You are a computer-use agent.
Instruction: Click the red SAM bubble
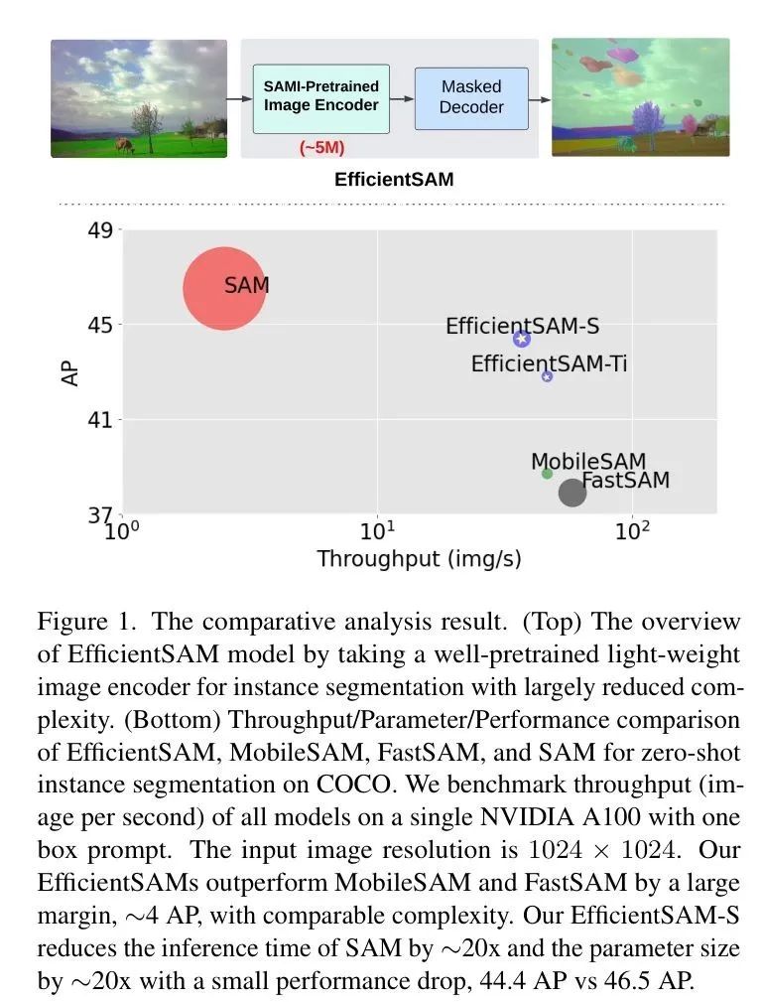click(224, 288)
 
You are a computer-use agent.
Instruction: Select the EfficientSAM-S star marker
click(522, 338)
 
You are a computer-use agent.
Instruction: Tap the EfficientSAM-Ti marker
click(547, 375)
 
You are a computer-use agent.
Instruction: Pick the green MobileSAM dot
click(547, 474)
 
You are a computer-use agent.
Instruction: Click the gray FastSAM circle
click(572, 492)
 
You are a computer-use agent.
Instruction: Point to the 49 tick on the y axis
click(100, 230)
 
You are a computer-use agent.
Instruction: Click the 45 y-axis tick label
click(100, 325)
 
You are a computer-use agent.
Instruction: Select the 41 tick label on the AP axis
click(100, 420)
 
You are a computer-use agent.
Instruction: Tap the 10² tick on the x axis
click(632, 529)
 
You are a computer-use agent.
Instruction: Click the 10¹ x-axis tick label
click(377, 529)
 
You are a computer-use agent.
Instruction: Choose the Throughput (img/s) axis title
click(420, 558)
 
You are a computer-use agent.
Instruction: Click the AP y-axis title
click(70, 373)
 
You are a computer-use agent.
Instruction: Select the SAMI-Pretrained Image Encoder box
click(321, 98)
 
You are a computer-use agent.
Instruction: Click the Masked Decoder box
click(471, 98)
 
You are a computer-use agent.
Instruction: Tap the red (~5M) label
click(321, 148)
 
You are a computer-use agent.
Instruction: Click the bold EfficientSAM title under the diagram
click(394, 179)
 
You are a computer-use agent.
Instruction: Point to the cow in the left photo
click(126, 146)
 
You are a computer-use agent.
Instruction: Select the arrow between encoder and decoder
click(402, 99)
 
